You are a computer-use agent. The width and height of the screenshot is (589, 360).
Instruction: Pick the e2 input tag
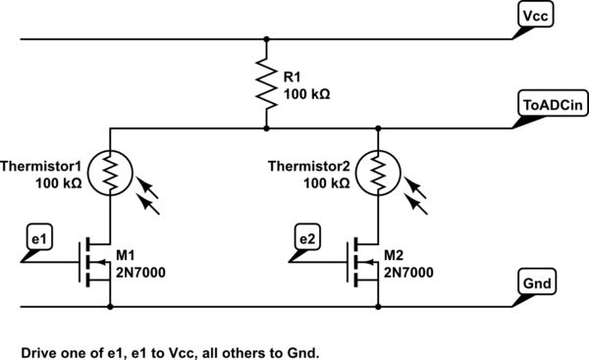[x=307, y=237]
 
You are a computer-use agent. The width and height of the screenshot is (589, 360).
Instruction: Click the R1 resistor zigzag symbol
[x=266, y=83]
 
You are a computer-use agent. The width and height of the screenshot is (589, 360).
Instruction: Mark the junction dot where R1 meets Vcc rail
[x=266, y=40]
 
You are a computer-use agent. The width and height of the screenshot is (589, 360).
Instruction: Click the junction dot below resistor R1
[x=266, y=127]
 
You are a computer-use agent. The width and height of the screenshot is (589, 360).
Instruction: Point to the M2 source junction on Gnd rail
[x=378, y=305]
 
